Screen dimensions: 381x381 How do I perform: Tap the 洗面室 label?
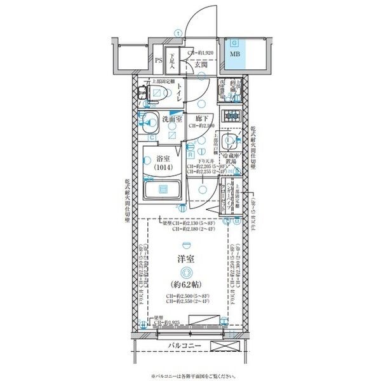171,119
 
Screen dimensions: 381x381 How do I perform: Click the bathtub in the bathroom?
161,189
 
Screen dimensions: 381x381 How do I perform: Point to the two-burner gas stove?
231,116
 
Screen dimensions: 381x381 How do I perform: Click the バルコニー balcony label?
185,345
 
